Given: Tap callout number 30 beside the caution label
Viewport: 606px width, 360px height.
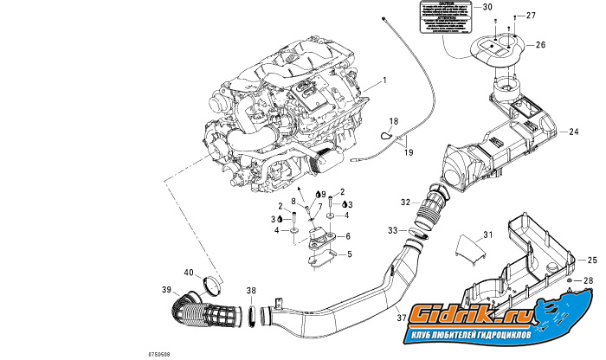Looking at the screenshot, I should (487, 7).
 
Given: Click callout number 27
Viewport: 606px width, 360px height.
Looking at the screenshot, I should (532, 16).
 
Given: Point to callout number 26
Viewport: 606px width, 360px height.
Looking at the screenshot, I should (541, 44).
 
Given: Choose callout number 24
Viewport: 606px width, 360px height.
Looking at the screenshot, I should (574, 132).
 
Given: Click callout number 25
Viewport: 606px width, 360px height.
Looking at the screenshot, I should (593, 260).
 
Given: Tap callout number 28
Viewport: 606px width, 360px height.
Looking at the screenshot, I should (590, 281).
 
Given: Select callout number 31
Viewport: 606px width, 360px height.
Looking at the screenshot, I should (487, 235).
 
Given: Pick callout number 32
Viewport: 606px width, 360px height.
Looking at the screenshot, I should (405, 202).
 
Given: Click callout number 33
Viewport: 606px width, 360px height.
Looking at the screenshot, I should (393, 230).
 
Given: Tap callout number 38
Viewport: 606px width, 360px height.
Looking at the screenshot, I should (251, 291).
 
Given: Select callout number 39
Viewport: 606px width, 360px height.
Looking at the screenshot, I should (166, 290).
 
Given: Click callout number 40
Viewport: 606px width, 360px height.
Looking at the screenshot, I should (189, 273).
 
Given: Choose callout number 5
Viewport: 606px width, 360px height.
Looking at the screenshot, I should (348, 254).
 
